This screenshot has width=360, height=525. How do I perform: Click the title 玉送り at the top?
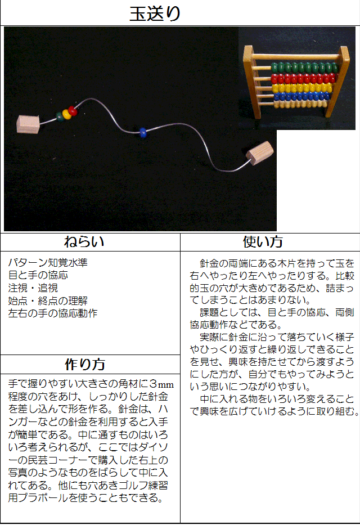[155, 14]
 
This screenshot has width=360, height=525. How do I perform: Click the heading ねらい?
[84, 242]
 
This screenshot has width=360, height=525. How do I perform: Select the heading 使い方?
[263, 242]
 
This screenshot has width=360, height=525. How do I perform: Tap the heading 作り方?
[85, 364]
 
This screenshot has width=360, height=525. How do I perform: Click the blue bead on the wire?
[143, 132]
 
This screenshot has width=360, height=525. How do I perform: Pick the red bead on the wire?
[73, 111]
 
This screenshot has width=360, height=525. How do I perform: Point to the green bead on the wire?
[60, 117]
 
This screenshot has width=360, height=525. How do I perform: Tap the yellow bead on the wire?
[66, 114]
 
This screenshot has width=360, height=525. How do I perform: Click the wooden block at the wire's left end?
[28, 124]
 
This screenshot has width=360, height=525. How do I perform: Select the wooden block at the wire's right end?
[260, 154]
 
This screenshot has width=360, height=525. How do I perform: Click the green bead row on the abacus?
[304, 68]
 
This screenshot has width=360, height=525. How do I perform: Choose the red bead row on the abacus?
[303, 79]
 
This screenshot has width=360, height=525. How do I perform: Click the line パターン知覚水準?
[48, 262]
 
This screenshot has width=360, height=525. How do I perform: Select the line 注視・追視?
[33, 288]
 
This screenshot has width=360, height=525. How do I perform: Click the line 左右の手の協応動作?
[53, 313]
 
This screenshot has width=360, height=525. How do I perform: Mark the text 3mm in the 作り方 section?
[162, 384]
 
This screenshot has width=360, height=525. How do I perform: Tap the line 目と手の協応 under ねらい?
[38, 275]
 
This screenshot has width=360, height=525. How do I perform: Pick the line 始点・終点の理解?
[48, 300]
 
